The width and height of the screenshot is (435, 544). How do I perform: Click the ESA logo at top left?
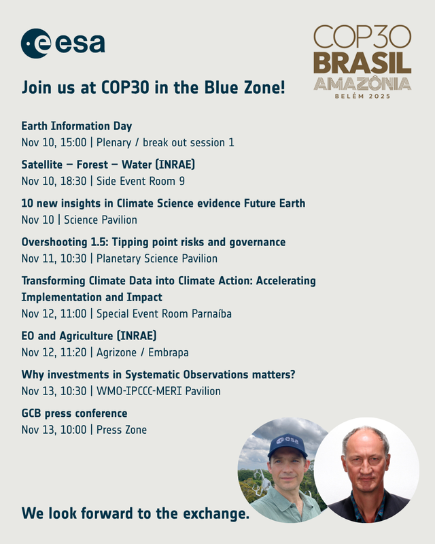63,44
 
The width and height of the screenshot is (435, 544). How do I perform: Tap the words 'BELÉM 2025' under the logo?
362,97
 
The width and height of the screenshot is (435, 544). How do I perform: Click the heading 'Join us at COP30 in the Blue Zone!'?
153,88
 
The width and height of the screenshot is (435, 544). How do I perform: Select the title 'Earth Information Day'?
77,126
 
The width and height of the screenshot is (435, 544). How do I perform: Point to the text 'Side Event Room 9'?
141,181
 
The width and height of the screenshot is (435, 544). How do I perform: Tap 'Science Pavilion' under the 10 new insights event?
101,220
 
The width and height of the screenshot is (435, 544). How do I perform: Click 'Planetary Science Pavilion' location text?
157,258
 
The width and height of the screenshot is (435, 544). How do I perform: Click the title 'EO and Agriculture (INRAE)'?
89,336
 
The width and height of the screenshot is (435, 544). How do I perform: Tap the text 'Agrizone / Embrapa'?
143,352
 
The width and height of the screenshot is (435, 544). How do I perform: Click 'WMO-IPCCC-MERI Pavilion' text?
158,391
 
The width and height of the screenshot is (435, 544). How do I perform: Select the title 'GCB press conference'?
74,413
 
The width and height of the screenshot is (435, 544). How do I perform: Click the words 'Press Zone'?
122,430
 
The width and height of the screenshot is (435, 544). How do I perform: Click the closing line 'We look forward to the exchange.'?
135,513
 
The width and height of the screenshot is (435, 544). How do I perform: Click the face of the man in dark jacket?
366,462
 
